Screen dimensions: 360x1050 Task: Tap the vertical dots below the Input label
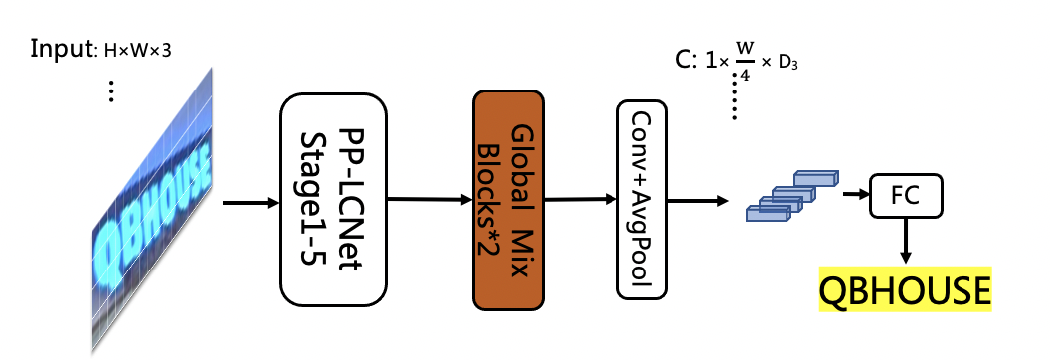[111, 90]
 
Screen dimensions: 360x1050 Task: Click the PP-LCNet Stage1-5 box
[334, 199]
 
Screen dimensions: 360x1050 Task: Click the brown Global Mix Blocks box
[508, 199]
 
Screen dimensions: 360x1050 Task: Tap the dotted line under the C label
[735, 95]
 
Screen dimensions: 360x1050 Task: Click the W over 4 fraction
[743, 62]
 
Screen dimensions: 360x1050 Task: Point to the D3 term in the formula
[789, 63]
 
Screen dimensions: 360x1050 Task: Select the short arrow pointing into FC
[852, 193]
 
